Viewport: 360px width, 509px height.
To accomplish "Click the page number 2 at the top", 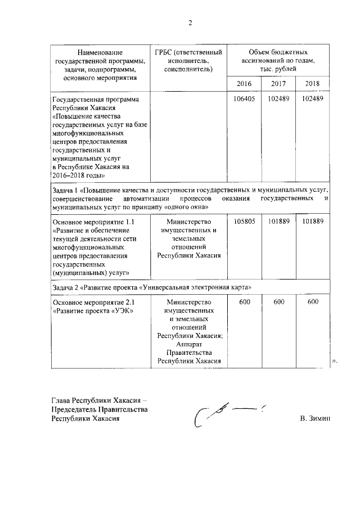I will [190, 23].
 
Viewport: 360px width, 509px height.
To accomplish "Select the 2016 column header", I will [244, 84].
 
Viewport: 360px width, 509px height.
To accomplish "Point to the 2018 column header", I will [312, 84].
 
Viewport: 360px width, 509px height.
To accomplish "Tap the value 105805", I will [244, 222].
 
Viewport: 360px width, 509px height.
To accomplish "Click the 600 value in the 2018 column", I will [312, 301].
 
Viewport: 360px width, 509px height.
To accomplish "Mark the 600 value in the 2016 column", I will [244, 301].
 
